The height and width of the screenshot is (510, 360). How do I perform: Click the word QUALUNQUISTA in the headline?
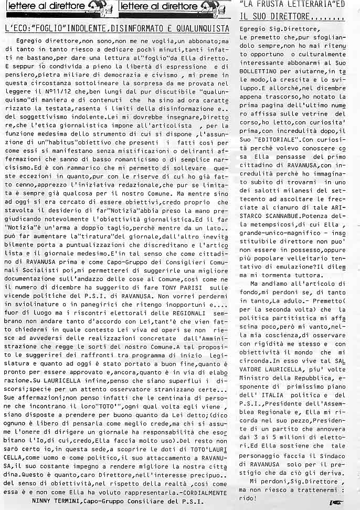201,27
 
